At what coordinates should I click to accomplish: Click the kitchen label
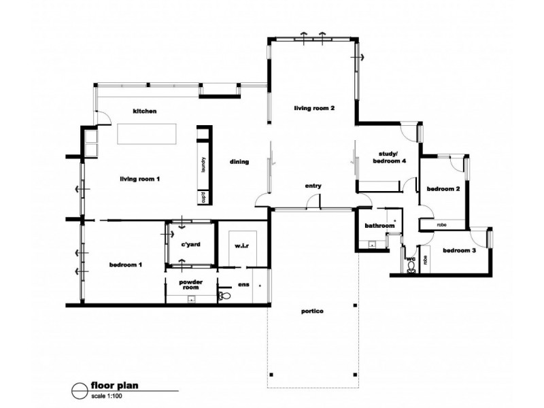point(146,112)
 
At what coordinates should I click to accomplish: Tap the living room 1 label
point(139,180)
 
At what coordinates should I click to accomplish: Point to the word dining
point(239,162)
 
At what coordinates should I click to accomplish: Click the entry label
point(313,186)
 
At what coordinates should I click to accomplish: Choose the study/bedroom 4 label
point(389,158)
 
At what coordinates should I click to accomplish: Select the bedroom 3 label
point(459,251)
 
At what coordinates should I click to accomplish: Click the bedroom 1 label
point(125,265)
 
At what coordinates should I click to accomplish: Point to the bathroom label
point(379,226)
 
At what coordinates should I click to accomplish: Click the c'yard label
point(190,244)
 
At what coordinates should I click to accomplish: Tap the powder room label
point(192,286)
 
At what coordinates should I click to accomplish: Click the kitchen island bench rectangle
point(148,134)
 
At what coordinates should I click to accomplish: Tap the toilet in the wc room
point(410,269)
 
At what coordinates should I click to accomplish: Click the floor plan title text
point(111,385)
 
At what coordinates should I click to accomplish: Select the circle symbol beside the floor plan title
point(78,389)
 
